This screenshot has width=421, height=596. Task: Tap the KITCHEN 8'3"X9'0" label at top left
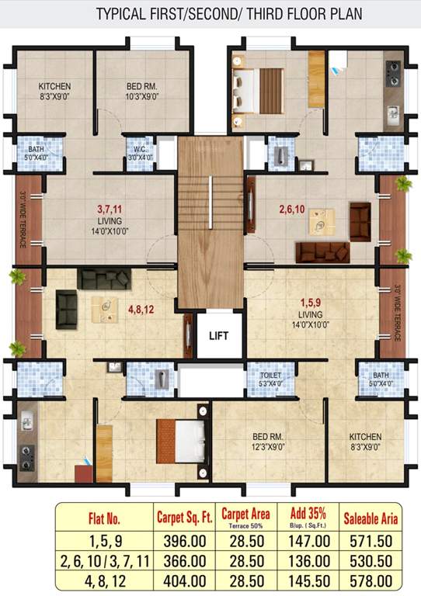click(x=55, y=92)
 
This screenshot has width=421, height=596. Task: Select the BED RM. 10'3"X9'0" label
click(x=143, y=92)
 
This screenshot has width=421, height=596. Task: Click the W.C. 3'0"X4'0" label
click(x=141, y=153)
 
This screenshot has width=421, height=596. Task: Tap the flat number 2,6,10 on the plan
click(x=295, y=209)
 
